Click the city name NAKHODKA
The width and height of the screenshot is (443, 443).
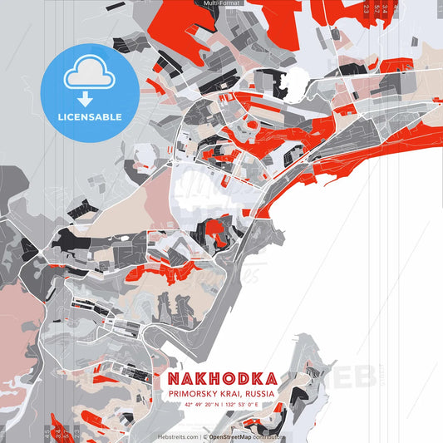point(223,379)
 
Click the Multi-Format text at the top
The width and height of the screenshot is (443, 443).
point(221,3)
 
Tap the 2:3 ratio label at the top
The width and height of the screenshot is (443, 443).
point(367,8)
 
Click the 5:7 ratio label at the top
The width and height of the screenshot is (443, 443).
point(377,8)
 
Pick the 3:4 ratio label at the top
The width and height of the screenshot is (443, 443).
point(386,8)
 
